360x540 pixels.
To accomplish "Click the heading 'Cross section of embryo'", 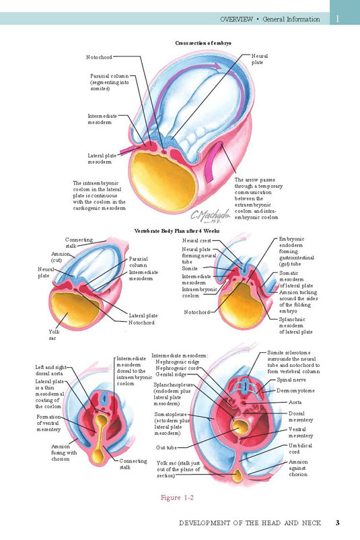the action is (203, 43).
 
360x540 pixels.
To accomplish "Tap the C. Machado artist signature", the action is (211, 216).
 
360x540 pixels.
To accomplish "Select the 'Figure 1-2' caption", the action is (177, 498).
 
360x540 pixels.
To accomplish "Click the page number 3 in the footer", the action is (338, 522).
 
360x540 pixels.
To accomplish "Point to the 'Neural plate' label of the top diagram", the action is (259, 59).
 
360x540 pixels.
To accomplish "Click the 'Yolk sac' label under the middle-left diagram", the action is (54, 335).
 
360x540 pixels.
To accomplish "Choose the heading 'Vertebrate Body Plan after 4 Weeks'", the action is (176, 231).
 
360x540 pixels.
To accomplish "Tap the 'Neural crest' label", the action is (196, 241).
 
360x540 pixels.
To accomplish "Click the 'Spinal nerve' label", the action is (291, 380).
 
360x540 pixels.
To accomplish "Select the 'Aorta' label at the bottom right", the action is (295, 402).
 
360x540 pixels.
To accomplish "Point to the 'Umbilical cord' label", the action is (300, 448).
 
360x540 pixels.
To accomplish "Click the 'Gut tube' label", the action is (166, 448).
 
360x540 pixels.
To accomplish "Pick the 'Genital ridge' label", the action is (171, 374).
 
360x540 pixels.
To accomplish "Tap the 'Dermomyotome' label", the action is (295, 391).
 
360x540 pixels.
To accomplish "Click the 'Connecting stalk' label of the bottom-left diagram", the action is (133, 464).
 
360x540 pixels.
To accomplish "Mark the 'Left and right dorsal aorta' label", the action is (50, 370).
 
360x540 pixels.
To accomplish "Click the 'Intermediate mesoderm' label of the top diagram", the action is (102, 119).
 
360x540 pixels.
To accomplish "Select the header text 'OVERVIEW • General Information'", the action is (270, 20).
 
